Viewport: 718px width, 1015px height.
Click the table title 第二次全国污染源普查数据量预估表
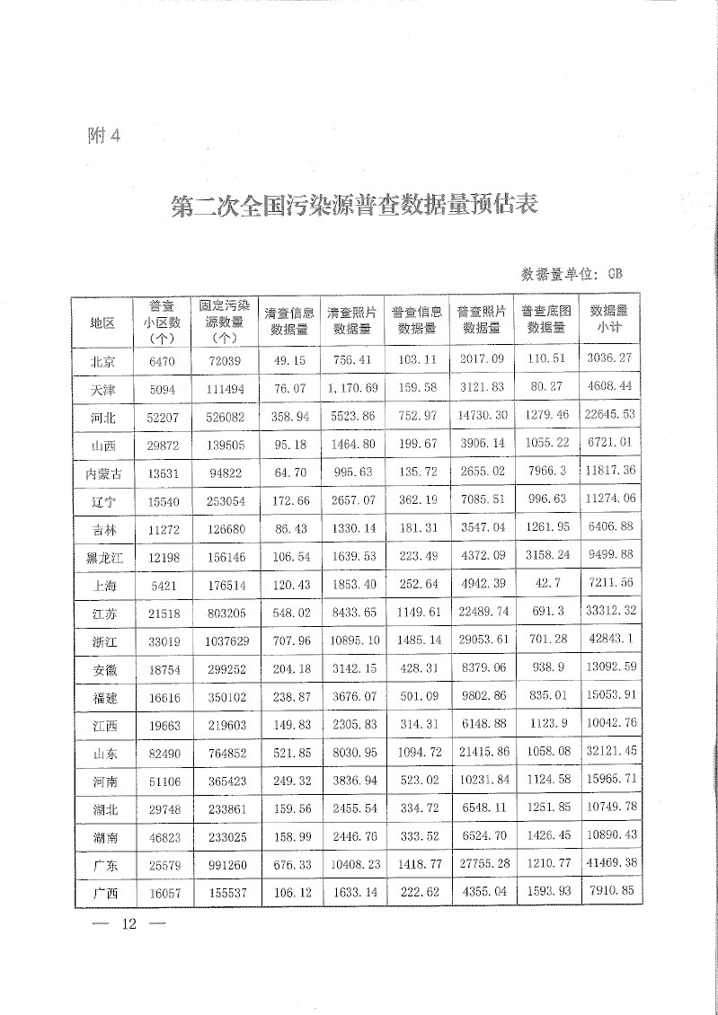coord(354,207)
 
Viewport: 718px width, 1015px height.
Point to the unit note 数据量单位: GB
coord(572,272)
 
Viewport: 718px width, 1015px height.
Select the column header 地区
coord(103,322)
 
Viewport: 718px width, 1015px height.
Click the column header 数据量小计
coord(608,319)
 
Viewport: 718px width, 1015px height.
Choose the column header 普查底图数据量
coord(545,319)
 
